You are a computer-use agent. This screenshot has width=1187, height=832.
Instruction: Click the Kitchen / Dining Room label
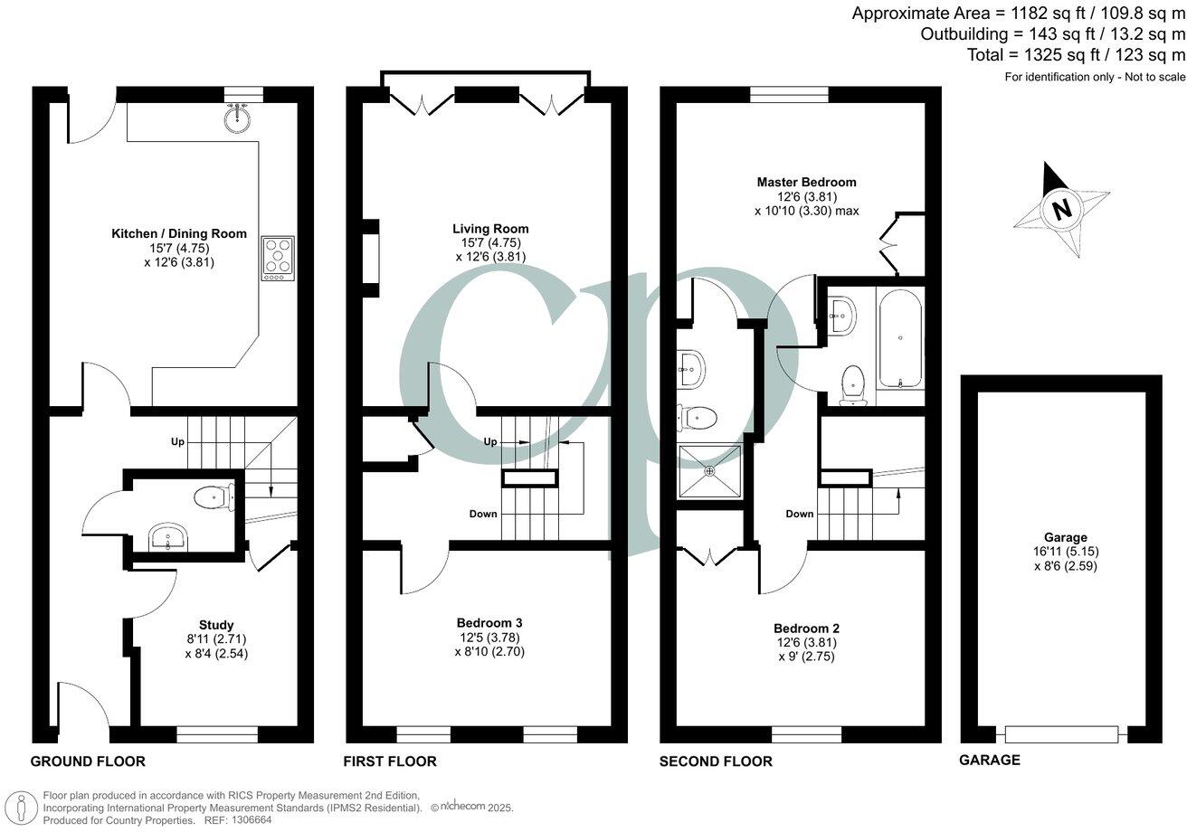pyautogui.click(x=178, y=233)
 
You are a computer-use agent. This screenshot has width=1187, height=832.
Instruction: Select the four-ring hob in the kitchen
pyautogui.click(x=278, y=258)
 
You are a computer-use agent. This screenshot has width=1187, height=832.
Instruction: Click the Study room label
pyautogui.click(x=216, y=625)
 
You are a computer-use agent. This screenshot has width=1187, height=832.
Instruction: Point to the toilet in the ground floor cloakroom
pyautogui.click(x=214, y=495)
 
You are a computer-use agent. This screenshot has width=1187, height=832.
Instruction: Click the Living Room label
pyautogui.click(x=492, y=229)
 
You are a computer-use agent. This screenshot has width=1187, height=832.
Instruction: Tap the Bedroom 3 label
pyautogui.click(x=489, y=622)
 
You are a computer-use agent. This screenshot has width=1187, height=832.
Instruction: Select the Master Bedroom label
pyautogui.click(x=806, y=182)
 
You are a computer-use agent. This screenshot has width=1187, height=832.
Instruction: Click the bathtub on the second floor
pyautogui.click(x=899, y=337)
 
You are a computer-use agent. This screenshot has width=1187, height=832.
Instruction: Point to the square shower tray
pyautogui.click(x=710, y=470)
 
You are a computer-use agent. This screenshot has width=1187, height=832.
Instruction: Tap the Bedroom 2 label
pyautogui.click(x=806, y=628)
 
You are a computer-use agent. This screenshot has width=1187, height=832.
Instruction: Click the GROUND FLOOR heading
pyautogui.click(x=88, y=761)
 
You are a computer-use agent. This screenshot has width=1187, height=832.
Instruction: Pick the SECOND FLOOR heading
pyautogui.click(x=716, y=761)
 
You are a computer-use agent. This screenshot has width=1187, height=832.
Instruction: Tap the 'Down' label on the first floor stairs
pyautogui.click(x=483, y=514)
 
